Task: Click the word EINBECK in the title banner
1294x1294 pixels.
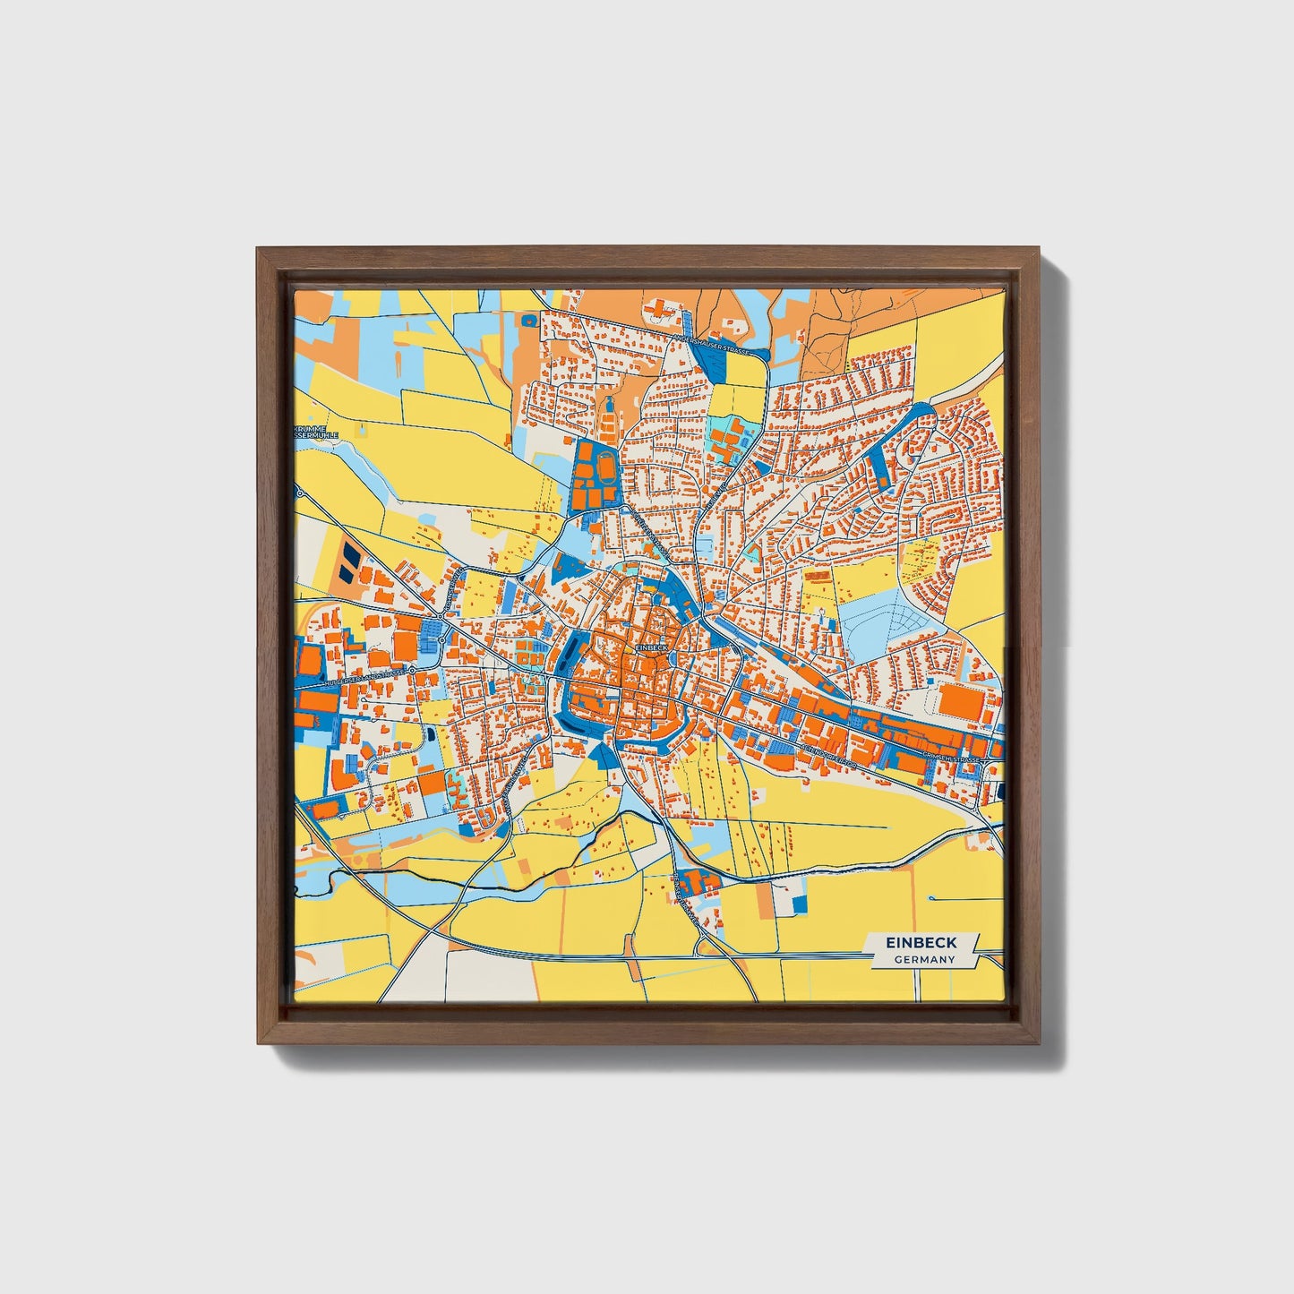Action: [921, 943]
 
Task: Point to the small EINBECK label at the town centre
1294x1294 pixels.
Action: [652, 646]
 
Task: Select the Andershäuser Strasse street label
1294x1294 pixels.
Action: [713, 346]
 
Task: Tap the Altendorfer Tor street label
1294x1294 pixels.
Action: [827, 757]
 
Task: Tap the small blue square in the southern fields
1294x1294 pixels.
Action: [800, 904]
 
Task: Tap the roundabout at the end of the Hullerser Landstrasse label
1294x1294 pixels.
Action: [413, 670]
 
